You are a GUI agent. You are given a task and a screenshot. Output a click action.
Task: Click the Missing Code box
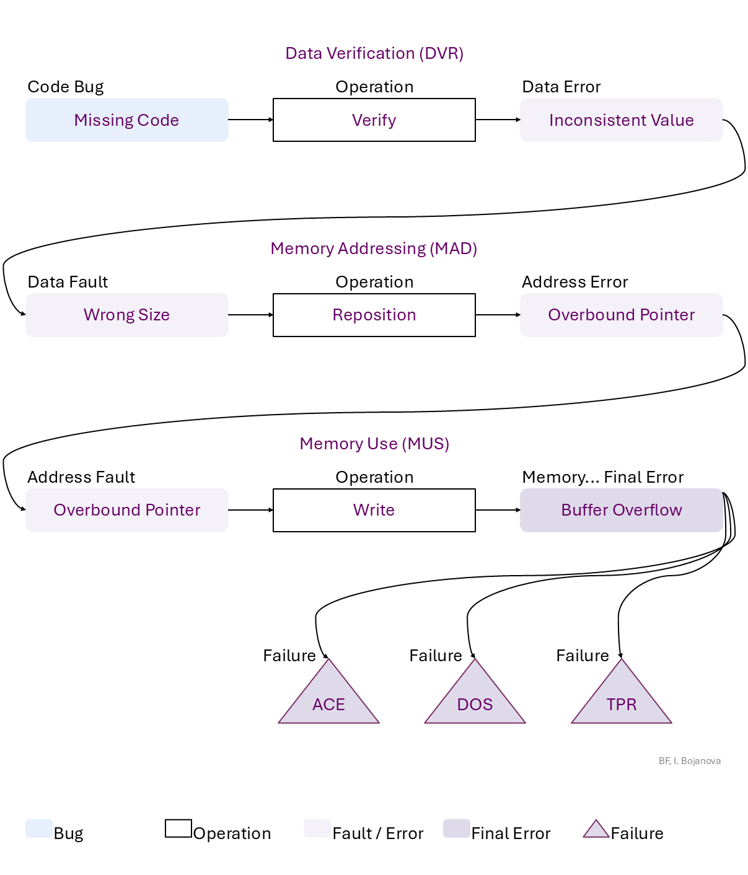pyautogui.click(x=126, y=120)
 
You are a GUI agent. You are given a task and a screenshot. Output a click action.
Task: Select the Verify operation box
pyautogui.click(x=374, y=120)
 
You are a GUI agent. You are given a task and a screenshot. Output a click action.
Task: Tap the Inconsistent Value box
pyautogui.click(x=621, y=120)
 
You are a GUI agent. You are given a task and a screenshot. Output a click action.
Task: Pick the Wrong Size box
pyautogui.click(x=126, y=315)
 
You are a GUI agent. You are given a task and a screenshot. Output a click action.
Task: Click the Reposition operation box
pyautogui.click(x=374, y=315)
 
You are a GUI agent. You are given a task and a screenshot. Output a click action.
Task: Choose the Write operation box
pyautogui.click(x=374, y=510)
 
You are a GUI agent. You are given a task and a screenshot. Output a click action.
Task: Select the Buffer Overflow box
pyautogui.click(x=621, y=510)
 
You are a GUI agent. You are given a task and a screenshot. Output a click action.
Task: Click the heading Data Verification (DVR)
pyautogui.click(x=374, y=53)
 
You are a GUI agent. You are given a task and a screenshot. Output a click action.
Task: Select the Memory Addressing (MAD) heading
pyautogui.click(x=374, y=248)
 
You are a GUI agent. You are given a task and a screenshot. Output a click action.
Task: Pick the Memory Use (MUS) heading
pyautogui.click(x=374, y=444)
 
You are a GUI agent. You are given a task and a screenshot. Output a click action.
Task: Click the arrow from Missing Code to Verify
pyautogui.click(x=250, y=120)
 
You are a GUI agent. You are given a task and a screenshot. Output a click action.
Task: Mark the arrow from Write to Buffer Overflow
pyautogui.click(x=498, y=510)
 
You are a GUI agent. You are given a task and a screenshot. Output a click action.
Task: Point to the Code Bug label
pyautogui.click(x=66, y=87)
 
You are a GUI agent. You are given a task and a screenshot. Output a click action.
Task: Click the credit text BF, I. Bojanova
pyautogui.click(x=689, y=761)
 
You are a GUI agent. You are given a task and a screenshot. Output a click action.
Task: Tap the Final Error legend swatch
pyautogui.click(x=456, y=829)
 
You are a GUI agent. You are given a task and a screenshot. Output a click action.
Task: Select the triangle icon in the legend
pyautogui.click(x=596, y=829)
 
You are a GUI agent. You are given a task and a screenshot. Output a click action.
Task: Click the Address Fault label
pyautogui.click(x=81, y=477)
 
